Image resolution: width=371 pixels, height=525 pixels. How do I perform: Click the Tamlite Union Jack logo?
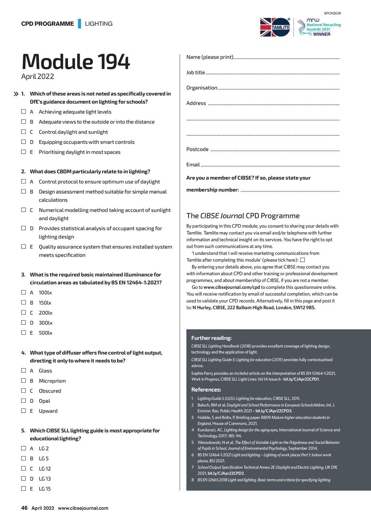[275, 27]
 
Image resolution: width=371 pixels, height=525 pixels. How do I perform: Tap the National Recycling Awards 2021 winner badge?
[319, 28]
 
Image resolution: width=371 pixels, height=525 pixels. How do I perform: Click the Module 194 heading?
[76, 62]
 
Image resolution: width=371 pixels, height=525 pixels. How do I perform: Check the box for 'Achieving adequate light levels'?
[24, 112]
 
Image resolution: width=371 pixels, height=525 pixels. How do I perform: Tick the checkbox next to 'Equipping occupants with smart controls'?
[24, 142]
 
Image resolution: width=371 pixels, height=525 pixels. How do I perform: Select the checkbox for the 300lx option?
[24, 322]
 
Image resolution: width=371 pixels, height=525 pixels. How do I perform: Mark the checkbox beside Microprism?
[24, 380]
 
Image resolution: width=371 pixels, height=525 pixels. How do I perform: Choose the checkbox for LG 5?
[24, 458]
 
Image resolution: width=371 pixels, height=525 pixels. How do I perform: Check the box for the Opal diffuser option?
[24, 401]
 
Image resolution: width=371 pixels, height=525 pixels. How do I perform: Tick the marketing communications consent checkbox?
[303, 260]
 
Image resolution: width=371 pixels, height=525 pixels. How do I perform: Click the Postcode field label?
[197, 149]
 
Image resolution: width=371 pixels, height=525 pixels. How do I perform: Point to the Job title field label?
[196, 73]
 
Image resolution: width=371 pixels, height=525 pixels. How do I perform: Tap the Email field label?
[193, 165]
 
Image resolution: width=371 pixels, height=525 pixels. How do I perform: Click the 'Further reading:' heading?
[212, 338]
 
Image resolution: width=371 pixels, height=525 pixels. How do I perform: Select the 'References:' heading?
[206, 390]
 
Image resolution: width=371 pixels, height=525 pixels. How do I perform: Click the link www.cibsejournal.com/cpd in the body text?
[232, 287]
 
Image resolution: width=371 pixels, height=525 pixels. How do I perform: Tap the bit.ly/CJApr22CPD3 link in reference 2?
[274, 411]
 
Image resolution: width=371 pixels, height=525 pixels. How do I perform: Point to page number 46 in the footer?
[24, 508]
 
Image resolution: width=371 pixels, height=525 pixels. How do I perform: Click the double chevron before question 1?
[16, 94]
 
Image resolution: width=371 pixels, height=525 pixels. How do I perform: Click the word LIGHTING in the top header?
[99, 24]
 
